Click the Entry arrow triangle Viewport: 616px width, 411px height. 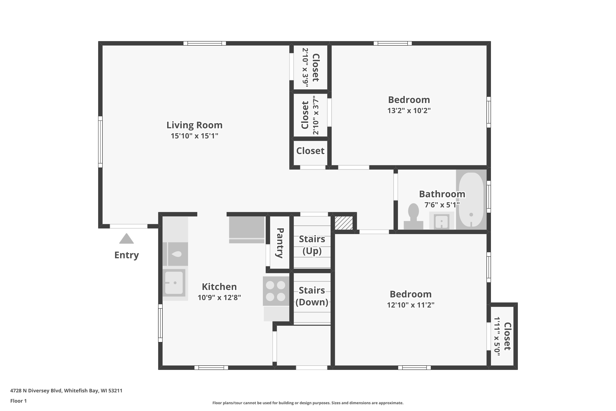(126, 239)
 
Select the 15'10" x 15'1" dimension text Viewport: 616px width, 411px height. (195, 136)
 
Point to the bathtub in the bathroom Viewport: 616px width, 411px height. (471, 200)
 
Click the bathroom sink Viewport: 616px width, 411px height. (442, 221)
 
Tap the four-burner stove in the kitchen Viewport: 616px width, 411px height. (276, 291)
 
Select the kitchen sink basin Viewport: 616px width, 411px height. (174, 283)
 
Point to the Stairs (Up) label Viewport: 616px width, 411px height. (312, 245)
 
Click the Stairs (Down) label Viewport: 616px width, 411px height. (312, 296)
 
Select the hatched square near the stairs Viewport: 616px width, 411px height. (344, 223)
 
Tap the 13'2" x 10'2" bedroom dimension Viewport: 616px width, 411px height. (409, 110)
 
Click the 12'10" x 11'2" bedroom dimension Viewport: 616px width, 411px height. (411, 305)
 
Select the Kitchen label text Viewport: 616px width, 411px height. (219, 287)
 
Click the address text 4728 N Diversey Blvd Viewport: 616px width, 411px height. (36, 391)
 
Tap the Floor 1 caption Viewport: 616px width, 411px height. (18, 401)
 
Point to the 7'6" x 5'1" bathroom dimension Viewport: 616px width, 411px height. (442, 205)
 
